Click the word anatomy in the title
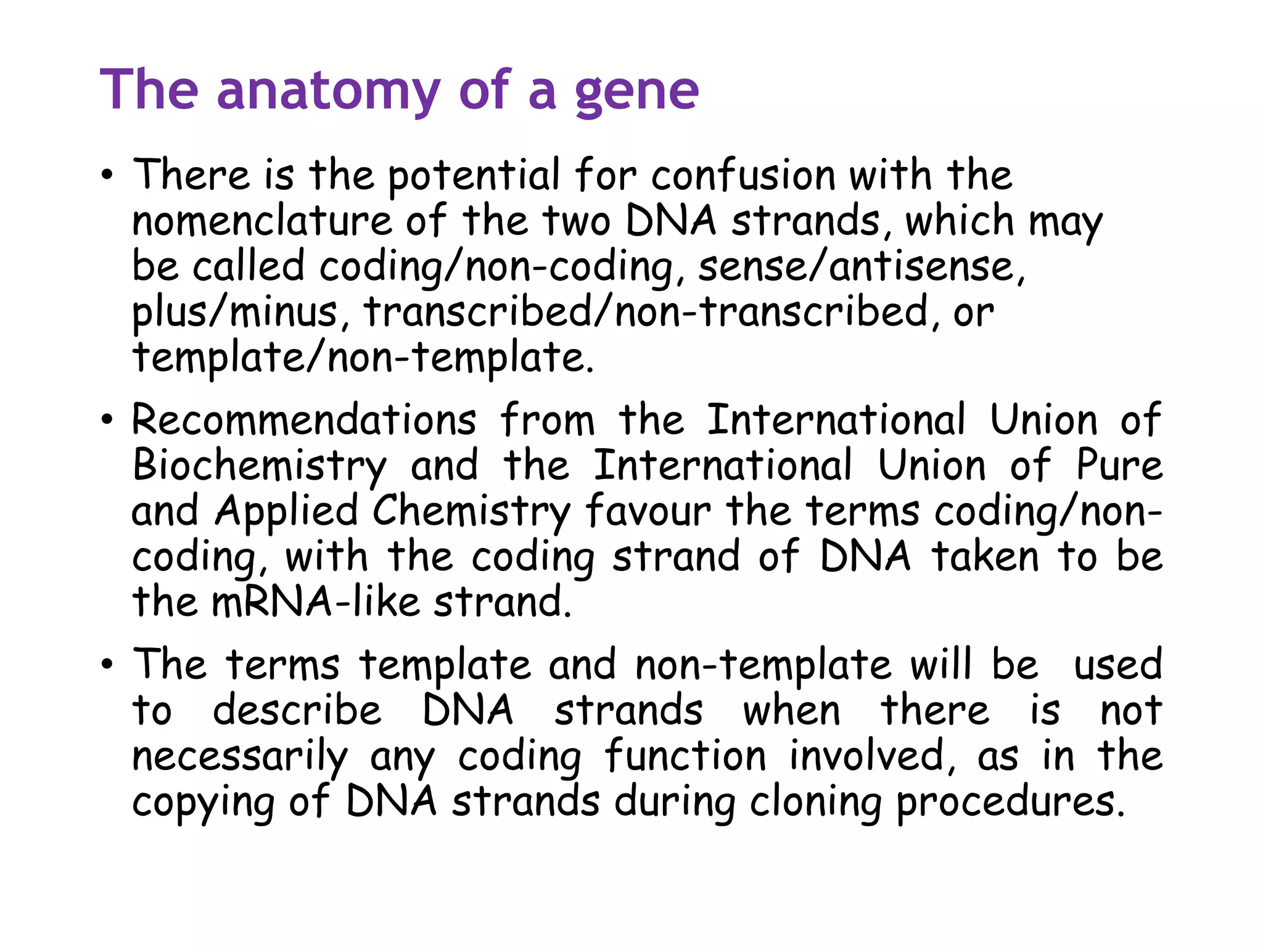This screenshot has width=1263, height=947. point(328,91)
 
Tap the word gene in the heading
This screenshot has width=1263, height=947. point(636,92)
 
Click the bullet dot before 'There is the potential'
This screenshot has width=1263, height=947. point(107,176)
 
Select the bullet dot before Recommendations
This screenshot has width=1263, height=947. point(107,420)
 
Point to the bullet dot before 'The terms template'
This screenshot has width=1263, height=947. point(107,665)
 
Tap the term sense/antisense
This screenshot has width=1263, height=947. point(861,266)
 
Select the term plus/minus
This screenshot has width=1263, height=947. point(235,312)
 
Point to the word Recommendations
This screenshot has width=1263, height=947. point(304,420)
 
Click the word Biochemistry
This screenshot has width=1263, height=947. point(260,466)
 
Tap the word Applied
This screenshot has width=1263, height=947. point(287,511)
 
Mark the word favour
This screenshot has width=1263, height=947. point(648,511)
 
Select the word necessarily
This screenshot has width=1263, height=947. point(240,756)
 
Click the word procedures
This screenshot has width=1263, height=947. point(1010,802)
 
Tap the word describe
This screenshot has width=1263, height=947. point(297,710)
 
